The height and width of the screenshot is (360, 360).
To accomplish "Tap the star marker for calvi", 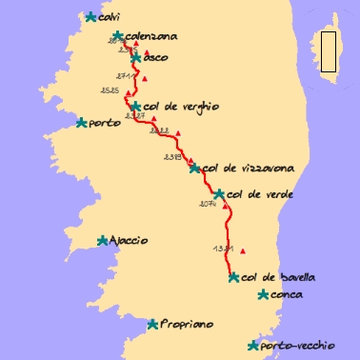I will click(90, 16).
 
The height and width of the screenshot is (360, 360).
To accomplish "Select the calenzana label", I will click(151, 36).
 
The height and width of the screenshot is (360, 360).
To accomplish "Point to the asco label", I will click(156, 57).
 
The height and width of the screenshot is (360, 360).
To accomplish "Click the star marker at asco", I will click(136, 58).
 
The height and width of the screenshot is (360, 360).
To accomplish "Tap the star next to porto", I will click(82, 123).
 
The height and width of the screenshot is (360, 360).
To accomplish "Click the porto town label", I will click(105, 123).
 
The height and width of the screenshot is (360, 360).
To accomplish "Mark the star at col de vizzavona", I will click(195, 169).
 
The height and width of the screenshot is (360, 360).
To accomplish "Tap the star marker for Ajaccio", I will click(103, 241).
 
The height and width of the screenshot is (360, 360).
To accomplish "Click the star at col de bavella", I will click(234, 277).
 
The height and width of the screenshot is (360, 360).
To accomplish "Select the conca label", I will click(287, 295).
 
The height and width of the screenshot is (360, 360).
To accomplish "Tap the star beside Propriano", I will click(152, 325).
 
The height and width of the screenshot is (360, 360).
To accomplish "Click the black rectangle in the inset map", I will click(329, 52).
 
